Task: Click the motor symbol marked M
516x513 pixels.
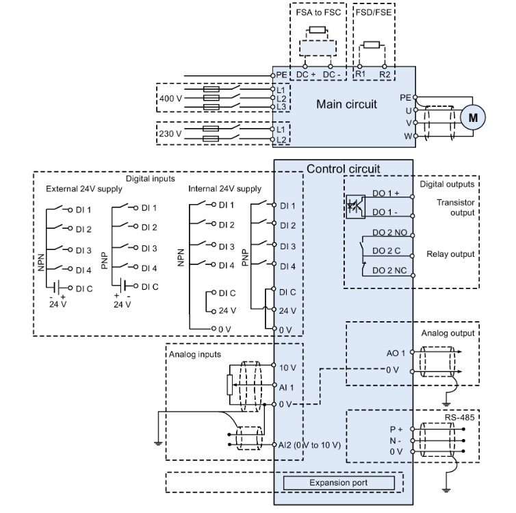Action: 473,116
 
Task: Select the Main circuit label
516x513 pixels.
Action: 347,105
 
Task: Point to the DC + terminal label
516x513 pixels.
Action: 305,73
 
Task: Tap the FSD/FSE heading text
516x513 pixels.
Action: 373,12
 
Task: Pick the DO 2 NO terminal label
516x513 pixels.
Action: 389,233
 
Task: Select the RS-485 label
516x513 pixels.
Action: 454,416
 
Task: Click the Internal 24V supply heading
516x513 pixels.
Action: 224,188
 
